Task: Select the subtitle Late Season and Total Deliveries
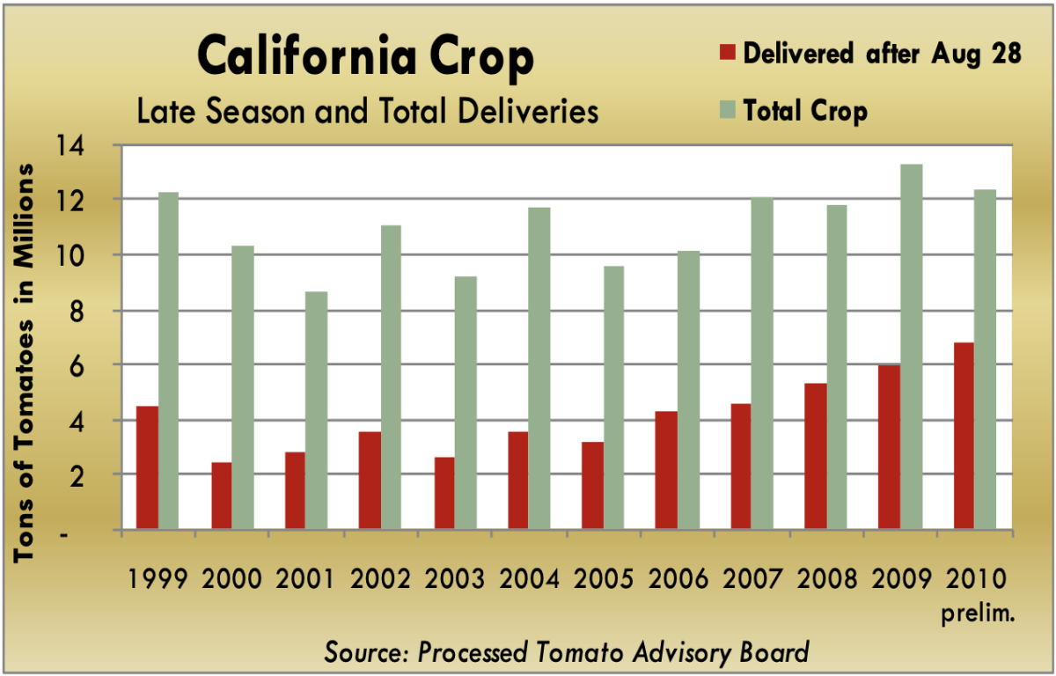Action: point(365,112)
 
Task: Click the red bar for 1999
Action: point(147,467)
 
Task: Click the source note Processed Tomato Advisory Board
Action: point(566,652)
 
